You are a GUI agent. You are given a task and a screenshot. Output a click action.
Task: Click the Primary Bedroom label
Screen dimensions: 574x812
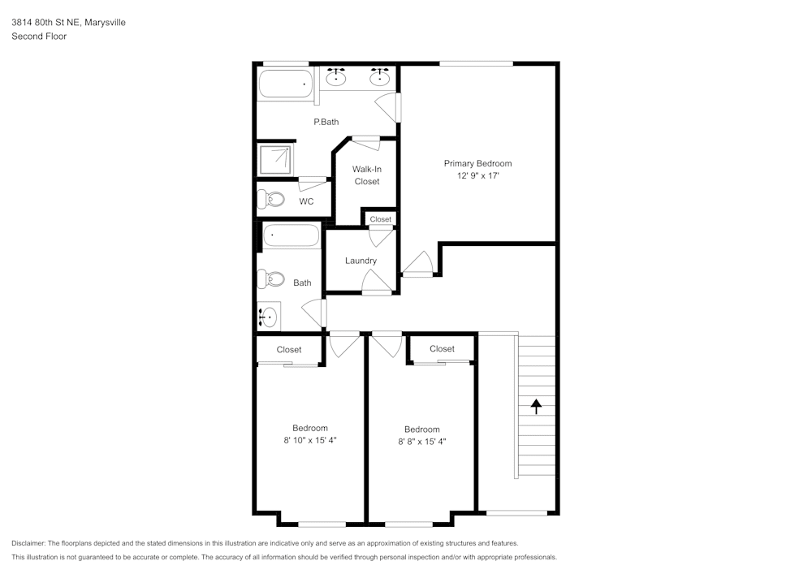pos(477,163)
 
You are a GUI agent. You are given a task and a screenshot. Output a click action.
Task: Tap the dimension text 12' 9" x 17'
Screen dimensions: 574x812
pos(477,175)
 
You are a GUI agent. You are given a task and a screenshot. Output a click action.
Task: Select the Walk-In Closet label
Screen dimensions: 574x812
pos(367,175)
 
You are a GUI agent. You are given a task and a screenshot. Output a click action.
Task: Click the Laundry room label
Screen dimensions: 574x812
pos(361,261)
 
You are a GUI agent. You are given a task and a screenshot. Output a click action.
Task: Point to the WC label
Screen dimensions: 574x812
pos(306,201)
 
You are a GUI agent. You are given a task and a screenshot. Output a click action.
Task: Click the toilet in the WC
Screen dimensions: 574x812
pos(271,199)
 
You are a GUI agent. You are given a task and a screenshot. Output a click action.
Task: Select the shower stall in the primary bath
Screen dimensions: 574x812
pos(275,160)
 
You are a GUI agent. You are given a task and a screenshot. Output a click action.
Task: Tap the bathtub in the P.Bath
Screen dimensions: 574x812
pos(285,84)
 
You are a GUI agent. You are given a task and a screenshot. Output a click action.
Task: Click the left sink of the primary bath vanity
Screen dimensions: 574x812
pos(337,78)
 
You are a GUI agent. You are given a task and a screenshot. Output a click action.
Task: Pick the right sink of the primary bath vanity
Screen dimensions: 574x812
pos(379,78)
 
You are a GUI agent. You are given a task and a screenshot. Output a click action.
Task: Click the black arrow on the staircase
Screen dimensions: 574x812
pos(536,406)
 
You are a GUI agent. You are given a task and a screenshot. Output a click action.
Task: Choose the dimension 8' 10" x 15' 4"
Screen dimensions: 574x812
pos(309,440)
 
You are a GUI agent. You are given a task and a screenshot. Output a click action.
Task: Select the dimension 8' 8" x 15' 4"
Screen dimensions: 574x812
pos(421,442)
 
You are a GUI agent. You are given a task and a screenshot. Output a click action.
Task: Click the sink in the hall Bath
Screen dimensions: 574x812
pos(268,316)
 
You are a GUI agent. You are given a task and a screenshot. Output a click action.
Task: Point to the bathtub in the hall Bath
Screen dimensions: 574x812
pos(290,236)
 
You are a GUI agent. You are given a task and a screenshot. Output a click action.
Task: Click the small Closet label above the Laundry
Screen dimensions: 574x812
pos(380,219)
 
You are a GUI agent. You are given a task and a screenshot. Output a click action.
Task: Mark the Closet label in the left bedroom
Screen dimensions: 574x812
pos(288,350)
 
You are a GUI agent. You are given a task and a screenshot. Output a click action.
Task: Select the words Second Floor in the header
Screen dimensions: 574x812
pos(39,37)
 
